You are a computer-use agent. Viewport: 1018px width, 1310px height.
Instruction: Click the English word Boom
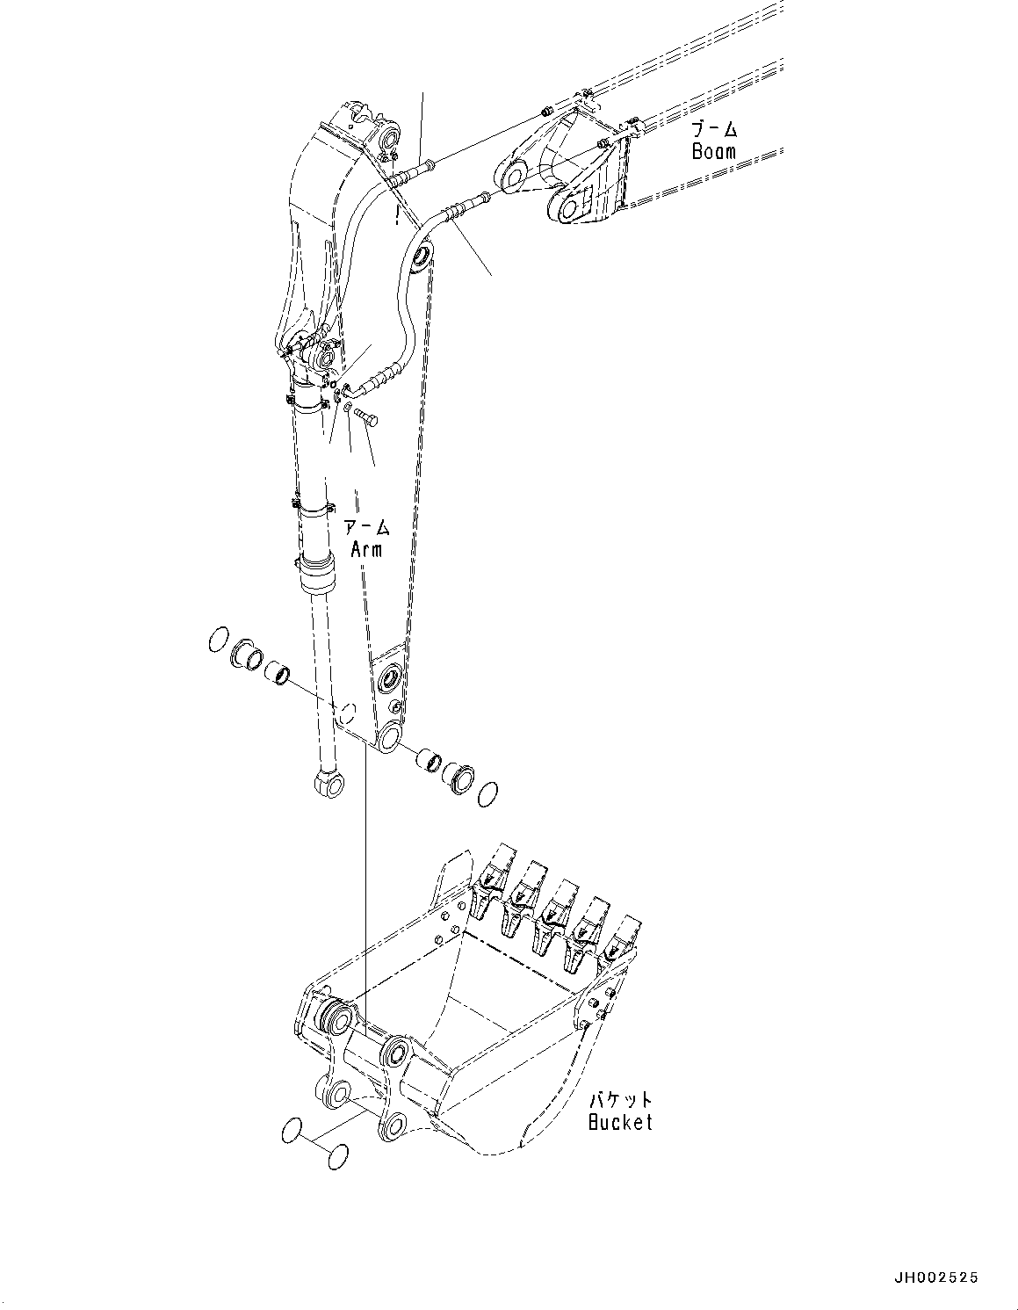tap(713, 150)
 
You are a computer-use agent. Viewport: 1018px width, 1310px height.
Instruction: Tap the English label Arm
tap(366, 549)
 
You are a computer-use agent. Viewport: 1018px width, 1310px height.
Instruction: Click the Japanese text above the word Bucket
tap(621, 1100)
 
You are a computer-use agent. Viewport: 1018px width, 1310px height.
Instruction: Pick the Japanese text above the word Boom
tap(713, 129)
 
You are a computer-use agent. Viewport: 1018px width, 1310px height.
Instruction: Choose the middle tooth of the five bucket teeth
tap(557, 904)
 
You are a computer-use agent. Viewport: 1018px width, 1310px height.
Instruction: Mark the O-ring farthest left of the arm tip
tap(219, 641)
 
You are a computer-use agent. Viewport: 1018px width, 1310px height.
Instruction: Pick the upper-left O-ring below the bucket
tap(294, 1133)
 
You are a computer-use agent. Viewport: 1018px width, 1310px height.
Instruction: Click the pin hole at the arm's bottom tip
tap(387, 735)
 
